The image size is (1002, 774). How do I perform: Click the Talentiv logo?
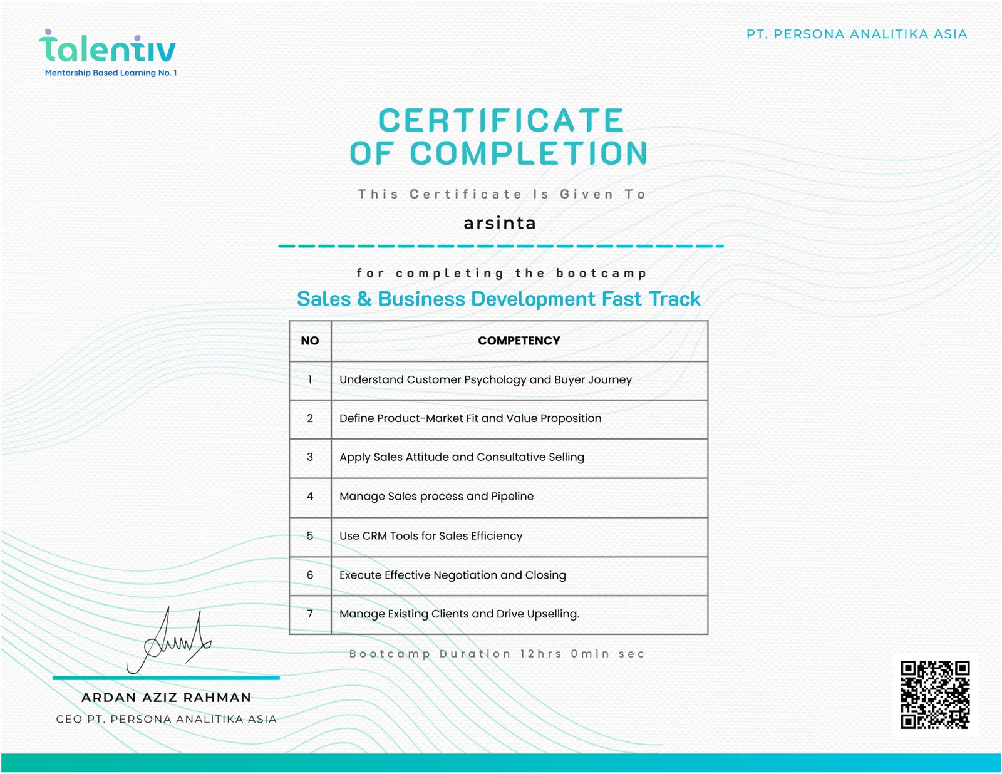[108, 48]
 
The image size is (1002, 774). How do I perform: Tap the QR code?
[934, 694]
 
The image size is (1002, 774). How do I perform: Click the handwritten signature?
[168, 642]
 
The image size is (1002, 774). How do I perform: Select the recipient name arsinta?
[500, 224]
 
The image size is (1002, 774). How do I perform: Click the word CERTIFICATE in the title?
[501, 120]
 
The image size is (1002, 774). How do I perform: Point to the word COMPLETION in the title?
[529, 153]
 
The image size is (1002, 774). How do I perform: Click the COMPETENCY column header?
[519, 341]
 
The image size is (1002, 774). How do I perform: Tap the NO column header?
[310, 341]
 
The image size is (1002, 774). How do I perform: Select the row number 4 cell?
[310, 497]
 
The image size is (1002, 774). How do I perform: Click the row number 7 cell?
[310, 614]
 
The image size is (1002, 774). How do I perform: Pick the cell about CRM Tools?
[431, 536]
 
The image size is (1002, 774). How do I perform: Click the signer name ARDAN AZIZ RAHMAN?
[167, 698]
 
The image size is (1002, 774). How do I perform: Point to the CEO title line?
[167, 719]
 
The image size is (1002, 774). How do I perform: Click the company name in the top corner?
[857, 34]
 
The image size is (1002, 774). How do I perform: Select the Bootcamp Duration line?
[497, 654]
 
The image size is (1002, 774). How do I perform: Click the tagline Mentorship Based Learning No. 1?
[111, 73]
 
